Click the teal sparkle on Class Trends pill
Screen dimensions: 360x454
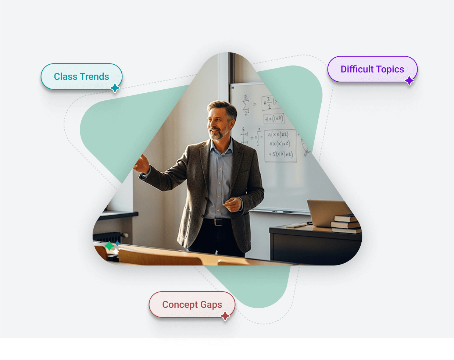115,88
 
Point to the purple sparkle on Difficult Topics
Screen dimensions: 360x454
409,81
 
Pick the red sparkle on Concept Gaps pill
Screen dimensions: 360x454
225,316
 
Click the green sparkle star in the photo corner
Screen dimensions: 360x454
109,246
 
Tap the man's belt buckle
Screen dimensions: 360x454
218,222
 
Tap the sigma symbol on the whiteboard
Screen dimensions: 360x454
246,104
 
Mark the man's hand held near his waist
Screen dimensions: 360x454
232,204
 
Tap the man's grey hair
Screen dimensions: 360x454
224,107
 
